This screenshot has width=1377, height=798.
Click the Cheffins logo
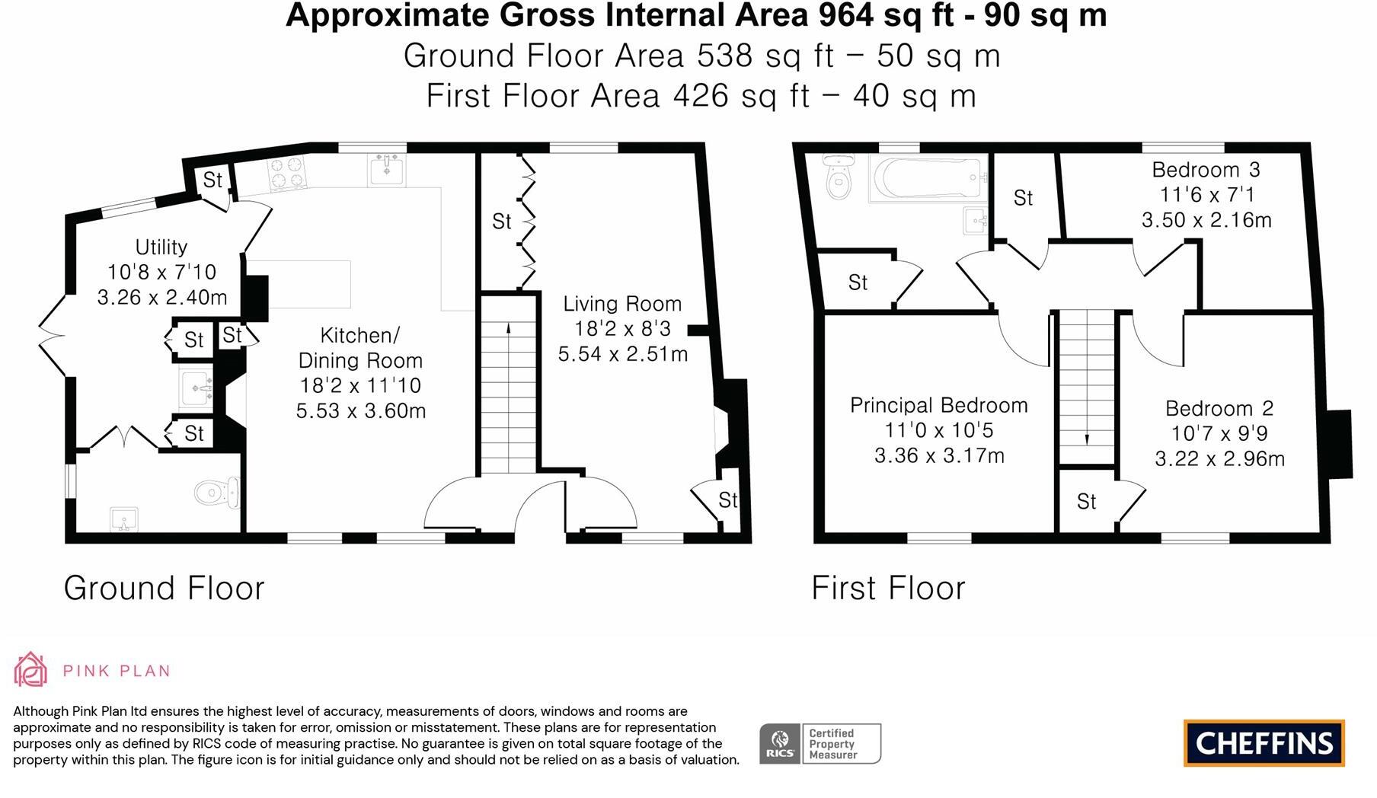click(x=1264, y=742)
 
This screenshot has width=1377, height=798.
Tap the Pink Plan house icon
click(x=30, y=670)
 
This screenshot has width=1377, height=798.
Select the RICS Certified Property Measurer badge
click(x=820, y=744)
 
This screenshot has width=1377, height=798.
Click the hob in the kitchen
click(x=287, y=173)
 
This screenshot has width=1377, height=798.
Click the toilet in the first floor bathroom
click(x=839, y=177)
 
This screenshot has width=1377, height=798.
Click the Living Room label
click(x=622, y=304)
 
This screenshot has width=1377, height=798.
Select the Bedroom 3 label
click(x=1206, y=169)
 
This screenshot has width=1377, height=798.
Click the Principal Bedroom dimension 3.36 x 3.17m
click(x=939, y=456)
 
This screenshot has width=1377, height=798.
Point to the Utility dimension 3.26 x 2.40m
click(x=161, y=297)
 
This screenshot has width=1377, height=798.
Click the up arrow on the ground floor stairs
click(x=509, y=329)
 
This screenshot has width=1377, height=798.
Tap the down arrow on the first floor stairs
click(x=1087, y=439)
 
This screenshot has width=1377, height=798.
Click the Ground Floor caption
click(x=164, y=588)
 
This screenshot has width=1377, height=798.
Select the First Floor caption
click(x=888, y=588)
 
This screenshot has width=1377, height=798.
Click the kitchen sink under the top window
click(x=387, y=169)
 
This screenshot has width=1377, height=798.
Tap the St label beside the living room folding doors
click(x=501, y=221)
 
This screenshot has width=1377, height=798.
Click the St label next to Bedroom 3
click(x=1023, y=198)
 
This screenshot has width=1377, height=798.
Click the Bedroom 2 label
click(x=1219, y=408)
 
